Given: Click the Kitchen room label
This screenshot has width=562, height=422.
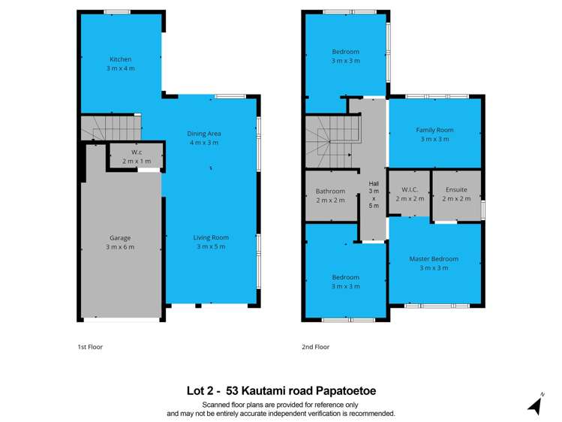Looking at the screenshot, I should [x=120, y=59].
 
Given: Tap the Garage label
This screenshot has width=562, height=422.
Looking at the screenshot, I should [x=120, y=238].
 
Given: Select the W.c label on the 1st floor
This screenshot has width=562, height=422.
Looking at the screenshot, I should [x=137, y=152].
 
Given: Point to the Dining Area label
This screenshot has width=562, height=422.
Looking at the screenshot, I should [x=204, y=134].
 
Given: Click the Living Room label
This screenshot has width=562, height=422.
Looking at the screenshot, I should [x=211, y=237].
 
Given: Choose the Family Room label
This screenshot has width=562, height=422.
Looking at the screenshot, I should [x=434, y=130].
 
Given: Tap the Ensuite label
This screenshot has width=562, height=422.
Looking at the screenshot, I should [x=456, y=190].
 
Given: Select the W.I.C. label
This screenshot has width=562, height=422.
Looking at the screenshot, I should [x=410, y=190].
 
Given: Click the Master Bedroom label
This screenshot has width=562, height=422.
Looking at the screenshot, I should [x=434, y=259].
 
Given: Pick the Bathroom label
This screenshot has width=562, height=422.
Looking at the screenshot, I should [x=330, y=191].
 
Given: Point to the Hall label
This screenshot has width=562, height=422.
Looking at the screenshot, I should [x=374, y=184].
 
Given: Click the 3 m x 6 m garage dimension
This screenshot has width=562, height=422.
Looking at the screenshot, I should [x=120, y=247].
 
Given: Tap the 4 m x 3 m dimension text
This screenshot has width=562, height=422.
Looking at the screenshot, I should [x=204, y=143].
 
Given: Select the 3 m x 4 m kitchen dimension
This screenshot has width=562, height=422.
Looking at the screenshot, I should [x=120, y=68].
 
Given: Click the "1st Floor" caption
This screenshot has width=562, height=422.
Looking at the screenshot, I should [x=90, y=347].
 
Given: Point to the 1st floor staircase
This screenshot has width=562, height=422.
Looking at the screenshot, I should [x=110, y=127].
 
